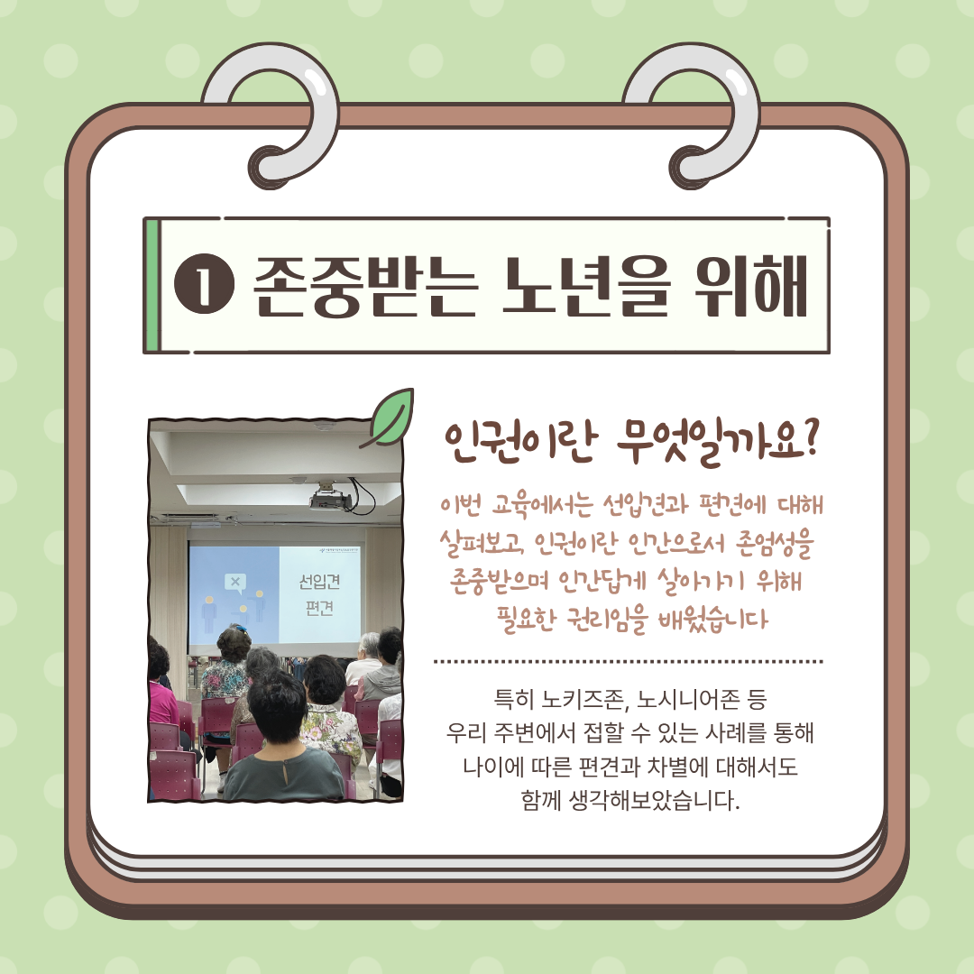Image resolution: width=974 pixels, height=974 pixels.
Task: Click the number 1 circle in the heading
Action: tap(205, 285)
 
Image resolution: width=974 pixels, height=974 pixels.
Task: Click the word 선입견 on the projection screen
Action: tap(319, 582)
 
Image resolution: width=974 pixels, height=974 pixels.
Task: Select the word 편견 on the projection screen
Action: tap(319, 608)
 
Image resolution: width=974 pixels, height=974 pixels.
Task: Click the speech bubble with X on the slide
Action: tap(234, 583)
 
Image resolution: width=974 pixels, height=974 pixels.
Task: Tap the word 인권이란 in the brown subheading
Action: tap(521, 443)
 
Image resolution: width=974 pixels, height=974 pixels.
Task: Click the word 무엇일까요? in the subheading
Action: tap(719, 443)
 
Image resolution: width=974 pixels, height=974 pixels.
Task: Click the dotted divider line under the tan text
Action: tap(628, 662)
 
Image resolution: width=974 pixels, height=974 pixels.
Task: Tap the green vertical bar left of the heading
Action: tap(152, 285)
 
